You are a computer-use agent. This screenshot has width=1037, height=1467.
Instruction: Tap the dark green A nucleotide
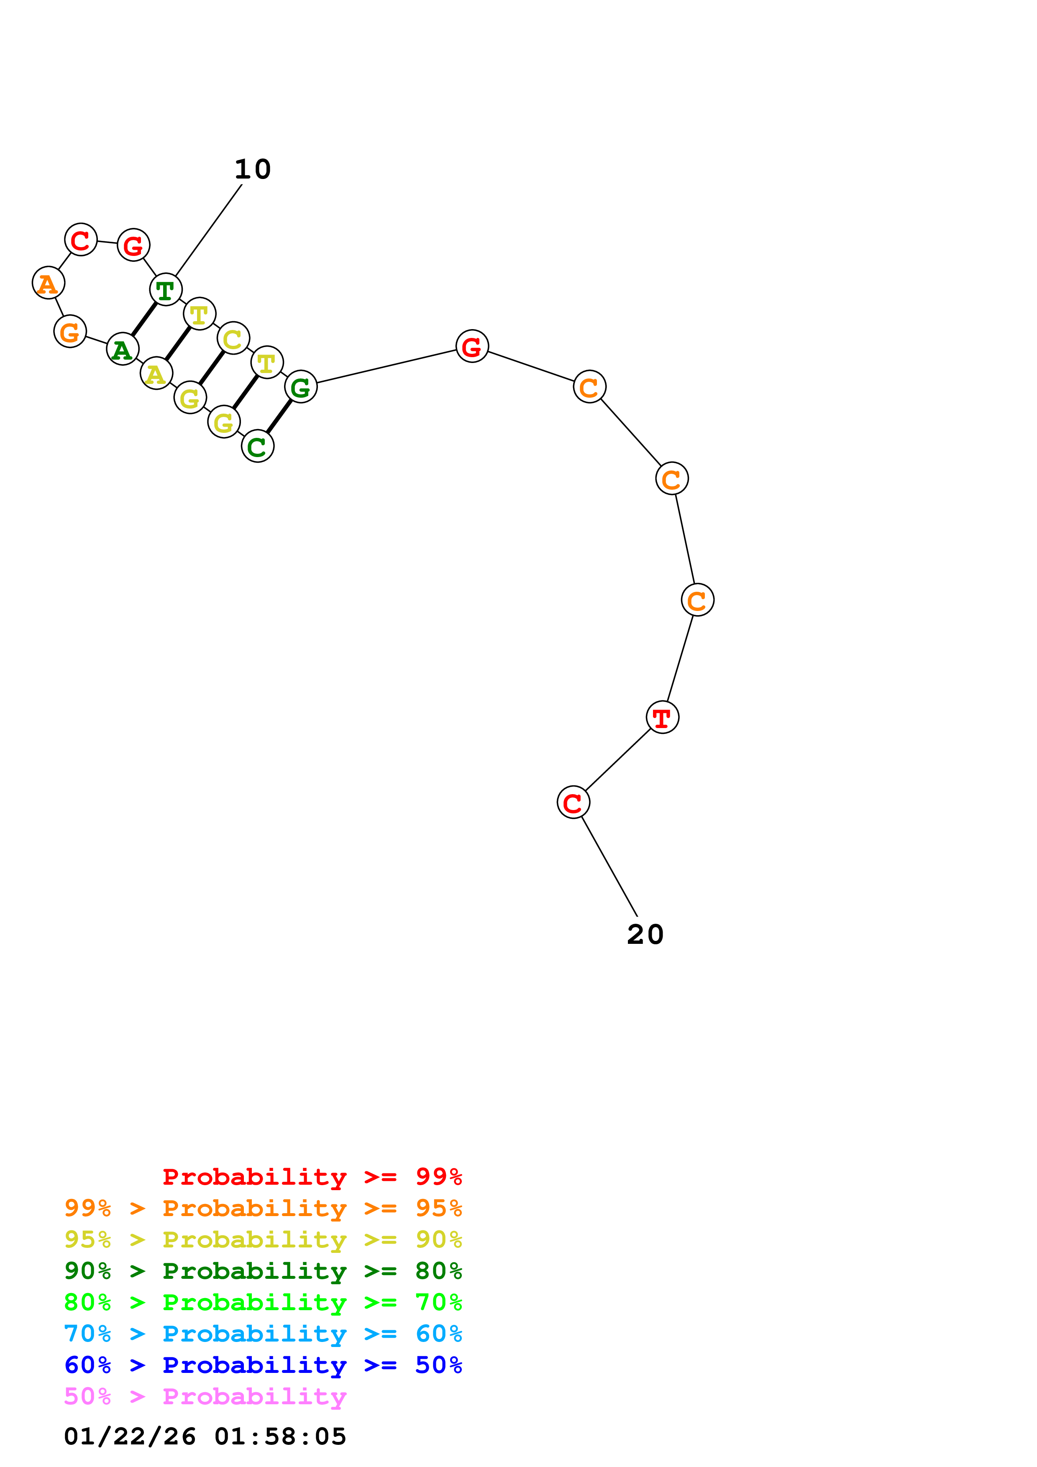click(x=122, y=349)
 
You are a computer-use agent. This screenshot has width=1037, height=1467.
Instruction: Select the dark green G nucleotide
click(x=300, y=386)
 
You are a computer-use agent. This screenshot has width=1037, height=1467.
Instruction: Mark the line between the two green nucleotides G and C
click(x=279, y=416)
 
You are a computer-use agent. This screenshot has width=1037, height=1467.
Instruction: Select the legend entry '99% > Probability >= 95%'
click(x=263, y=1208)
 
